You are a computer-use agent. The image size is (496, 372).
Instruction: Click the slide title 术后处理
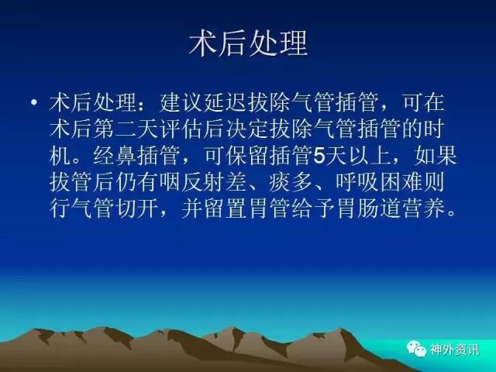[x=248, y=43]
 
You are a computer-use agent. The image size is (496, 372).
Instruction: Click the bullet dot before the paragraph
[x=34, y=102]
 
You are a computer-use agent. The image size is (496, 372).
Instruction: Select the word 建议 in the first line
[x=181, y=102]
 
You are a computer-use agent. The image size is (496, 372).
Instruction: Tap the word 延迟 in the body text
[x=226, y=102]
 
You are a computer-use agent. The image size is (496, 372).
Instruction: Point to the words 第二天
[x=126, y=129]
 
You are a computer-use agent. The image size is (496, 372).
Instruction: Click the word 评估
[x=181, y=129]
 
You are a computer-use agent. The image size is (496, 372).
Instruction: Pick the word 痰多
[x=291, y=182]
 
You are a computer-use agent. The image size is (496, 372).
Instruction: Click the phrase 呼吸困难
[x=379, y=182]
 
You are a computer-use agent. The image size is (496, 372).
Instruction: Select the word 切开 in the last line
[x=137, y=208]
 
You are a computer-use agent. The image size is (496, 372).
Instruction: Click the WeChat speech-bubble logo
[x=416, y=349]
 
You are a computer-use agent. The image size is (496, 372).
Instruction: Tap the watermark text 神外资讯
[x=454, y=350]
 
